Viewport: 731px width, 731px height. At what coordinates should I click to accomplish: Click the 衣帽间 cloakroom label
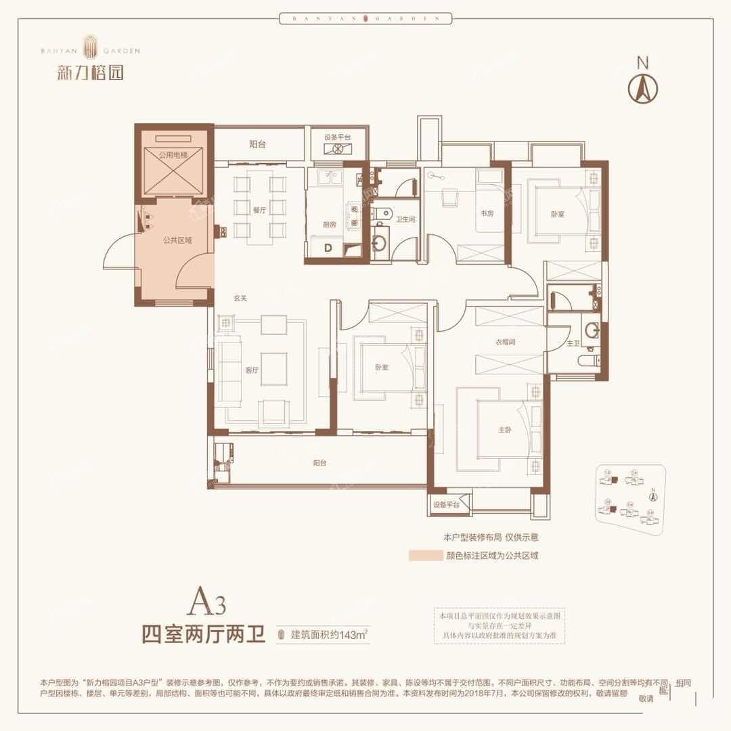coord(506,343)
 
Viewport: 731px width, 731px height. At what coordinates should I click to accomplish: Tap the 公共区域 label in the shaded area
coord(177,240)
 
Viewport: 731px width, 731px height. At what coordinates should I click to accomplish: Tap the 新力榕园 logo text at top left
coord(90,72)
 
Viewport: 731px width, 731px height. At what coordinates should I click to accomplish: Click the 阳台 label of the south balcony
coord(320,463)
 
